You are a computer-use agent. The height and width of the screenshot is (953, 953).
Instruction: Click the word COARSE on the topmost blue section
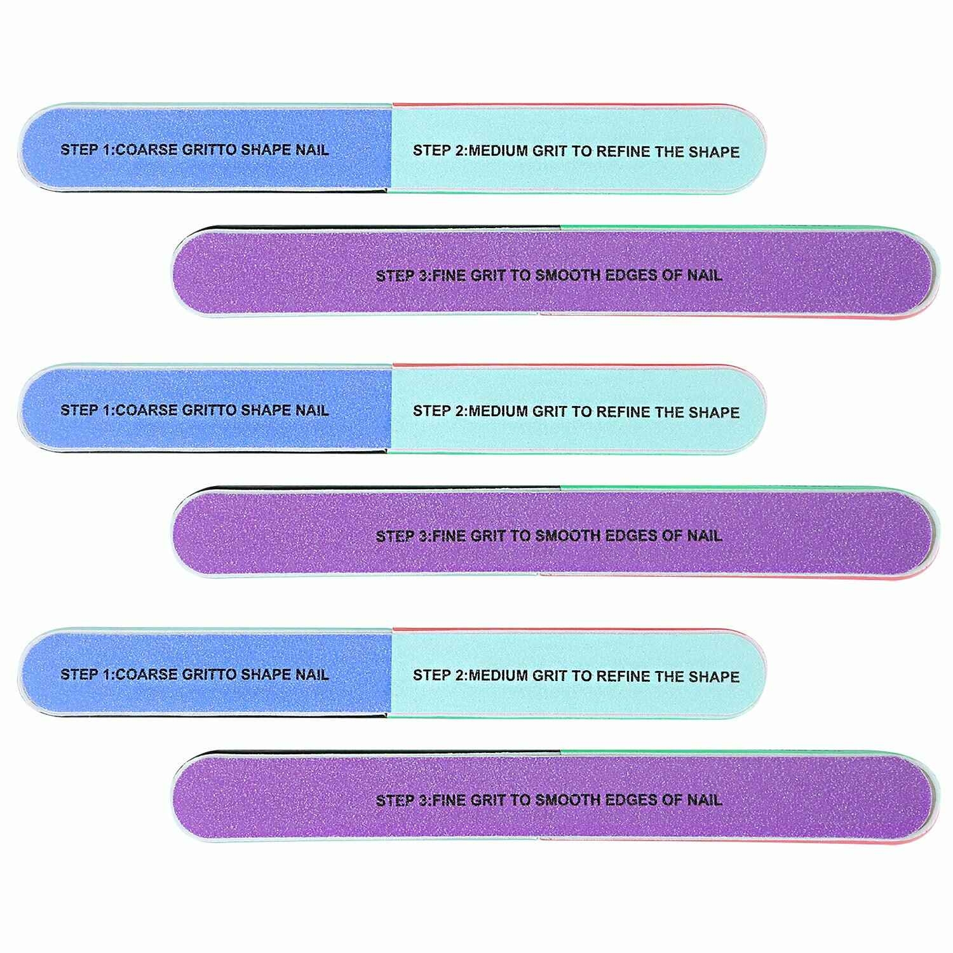(147, 150)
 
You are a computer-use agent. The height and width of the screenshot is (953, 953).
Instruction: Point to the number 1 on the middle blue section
(105, 410)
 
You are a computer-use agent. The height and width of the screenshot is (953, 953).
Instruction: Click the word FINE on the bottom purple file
(449, 800)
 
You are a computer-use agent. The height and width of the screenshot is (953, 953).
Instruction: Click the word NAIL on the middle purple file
(705, 536)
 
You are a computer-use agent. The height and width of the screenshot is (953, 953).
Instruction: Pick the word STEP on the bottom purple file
(395, 800)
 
